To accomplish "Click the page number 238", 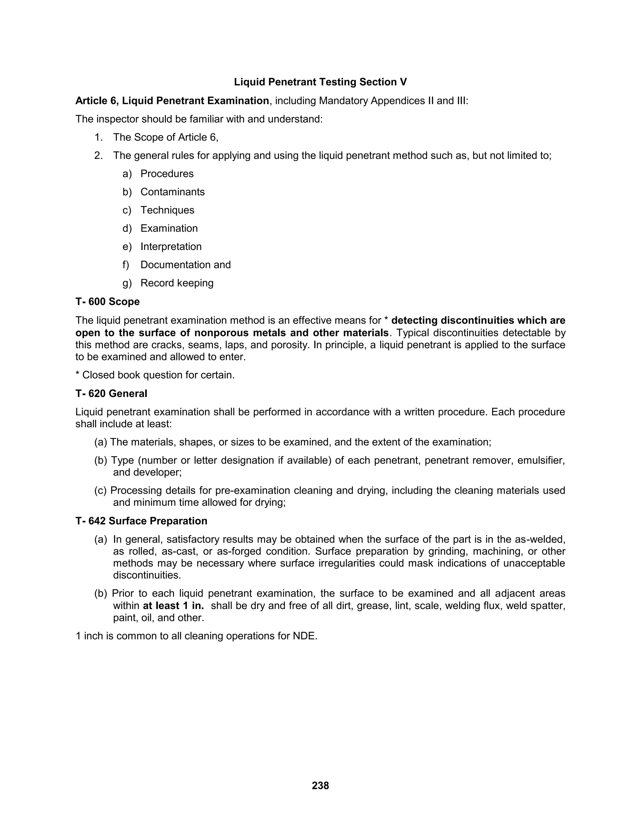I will coord(320,785).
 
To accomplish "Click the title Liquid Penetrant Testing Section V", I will coord(320,82).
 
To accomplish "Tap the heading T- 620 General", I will coord(111,393).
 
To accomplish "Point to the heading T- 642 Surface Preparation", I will coord(141,521).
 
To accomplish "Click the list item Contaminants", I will coord(172,192).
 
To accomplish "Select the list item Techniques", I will coord(167,210).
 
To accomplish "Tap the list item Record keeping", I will coord(177,283).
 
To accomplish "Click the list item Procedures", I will coord(167,174).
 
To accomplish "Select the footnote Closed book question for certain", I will coord(155,375).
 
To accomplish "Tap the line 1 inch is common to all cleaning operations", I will coord(196,636).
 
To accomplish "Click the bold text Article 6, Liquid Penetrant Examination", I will coord(172,101).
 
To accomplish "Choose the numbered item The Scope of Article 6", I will coord(166,137).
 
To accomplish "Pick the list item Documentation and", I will coord(185,265).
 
